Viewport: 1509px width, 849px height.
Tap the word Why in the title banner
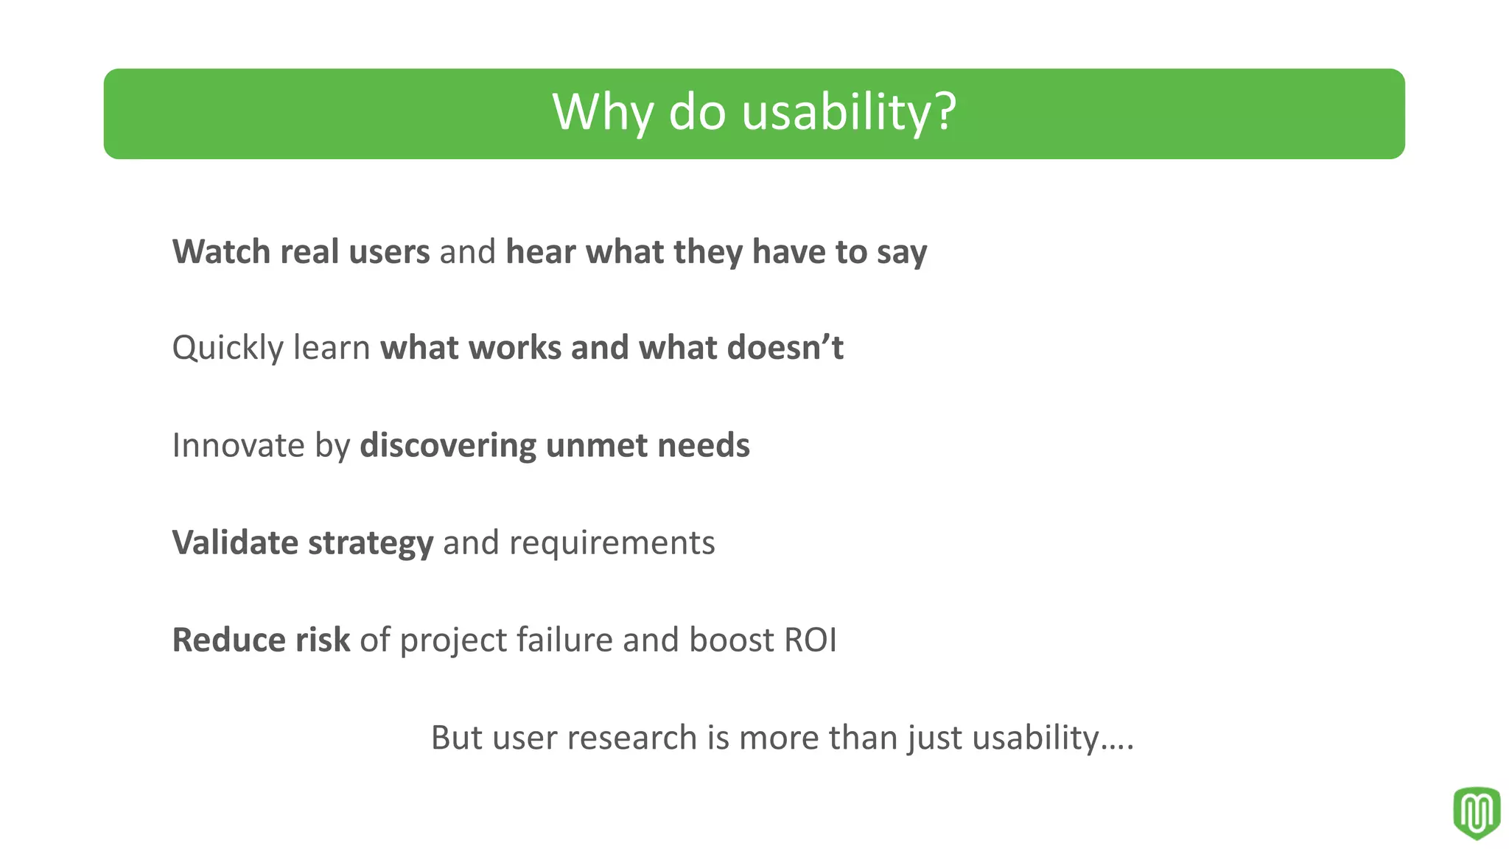coord(603,112)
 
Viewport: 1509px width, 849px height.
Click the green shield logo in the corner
coord(1476,812)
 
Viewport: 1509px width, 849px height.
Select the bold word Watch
coord(221,252)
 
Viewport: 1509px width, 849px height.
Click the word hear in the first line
coord(541,252)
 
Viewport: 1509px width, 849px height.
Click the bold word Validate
coord(235,542)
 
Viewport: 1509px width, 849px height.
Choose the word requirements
coord(612,544)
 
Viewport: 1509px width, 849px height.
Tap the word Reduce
coord(228,640)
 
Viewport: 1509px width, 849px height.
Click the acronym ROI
coord(810,640)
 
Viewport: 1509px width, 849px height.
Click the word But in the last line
coord(456,738)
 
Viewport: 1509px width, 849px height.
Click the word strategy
coord(370,544)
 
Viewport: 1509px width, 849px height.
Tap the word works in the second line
coord(514,348)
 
